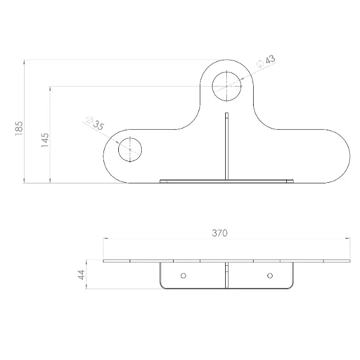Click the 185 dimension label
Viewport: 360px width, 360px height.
19,129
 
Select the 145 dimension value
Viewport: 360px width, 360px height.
45,140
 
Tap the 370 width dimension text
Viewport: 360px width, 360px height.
220,233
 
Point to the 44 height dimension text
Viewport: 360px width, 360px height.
82,275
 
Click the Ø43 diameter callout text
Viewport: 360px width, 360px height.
266,61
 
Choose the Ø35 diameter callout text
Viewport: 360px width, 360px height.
95,123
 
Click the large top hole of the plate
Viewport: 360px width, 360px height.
227,86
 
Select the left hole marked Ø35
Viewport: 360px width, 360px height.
130,150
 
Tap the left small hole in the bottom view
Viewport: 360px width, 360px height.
183,275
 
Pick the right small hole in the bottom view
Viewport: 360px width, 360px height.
270,275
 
